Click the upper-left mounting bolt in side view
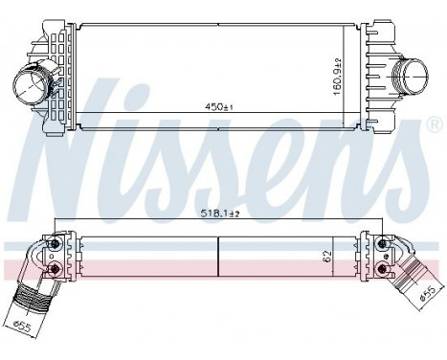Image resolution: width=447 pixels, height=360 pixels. [x=56, y=247]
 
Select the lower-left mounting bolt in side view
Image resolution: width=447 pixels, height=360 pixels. [x=56, y=268]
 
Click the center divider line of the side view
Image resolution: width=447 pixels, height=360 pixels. [x=219, y=259]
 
